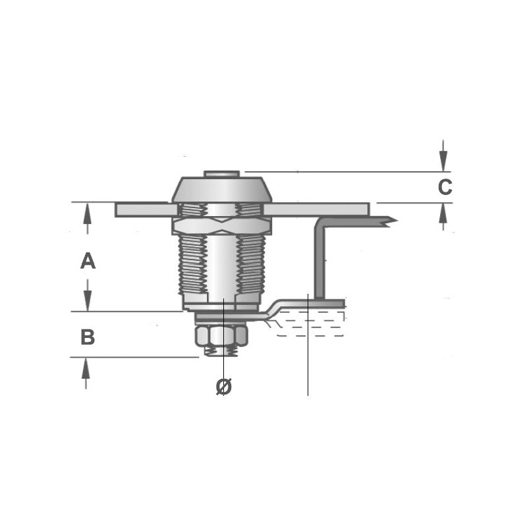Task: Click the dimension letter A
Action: (88, 262)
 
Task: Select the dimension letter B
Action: (88, 338)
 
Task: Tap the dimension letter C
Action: (445, 188)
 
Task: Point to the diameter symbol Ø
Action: (224, 387)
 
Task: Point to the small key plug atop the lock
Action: (221, 174)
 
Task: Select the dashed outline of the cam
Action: (310, 326)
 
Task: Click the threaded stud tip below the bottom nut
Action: (221, 352)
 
